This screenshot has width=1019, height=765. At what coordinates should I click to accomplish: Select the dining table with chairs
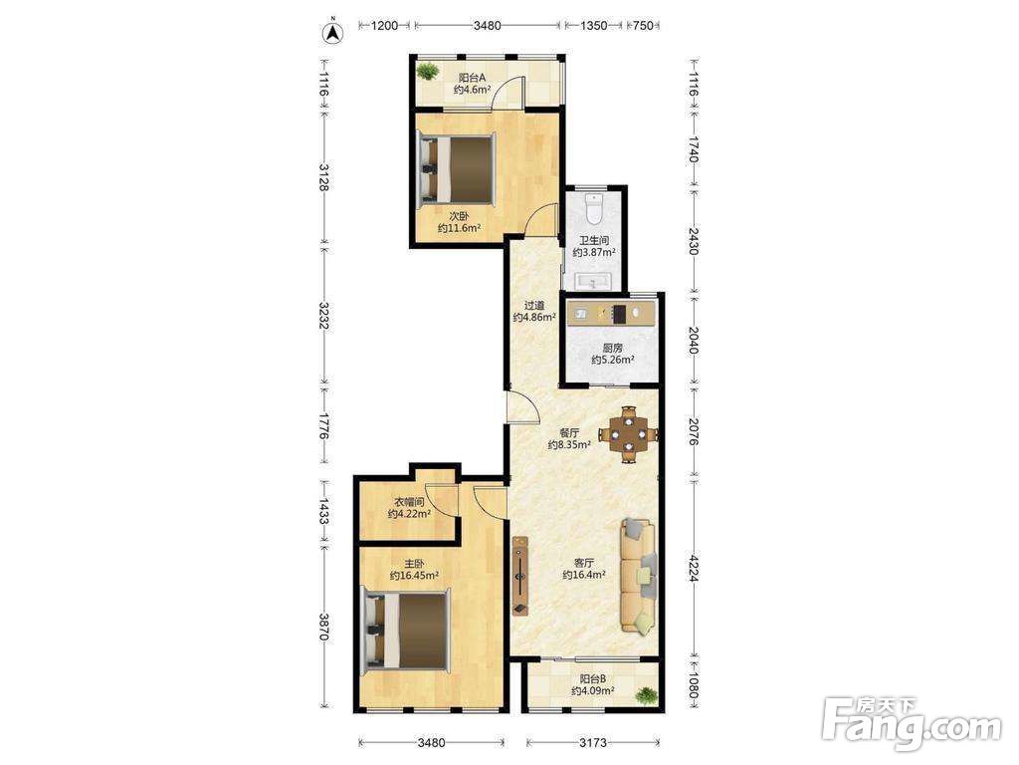(629, 434)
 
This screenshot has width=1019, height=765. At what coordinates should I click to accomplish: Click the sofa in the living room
(640, 575)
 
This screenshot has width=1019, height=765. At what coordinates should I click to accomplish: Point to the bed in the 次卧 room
(457, 169)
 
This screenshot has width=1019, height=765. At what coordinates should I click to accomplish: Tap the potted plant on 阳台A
(428, 71)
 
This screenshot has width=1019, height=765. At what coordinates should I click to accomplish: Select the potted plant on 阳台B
(646, 695)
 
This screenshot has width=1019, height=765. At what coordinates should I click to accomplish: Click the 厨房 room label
(612, 348)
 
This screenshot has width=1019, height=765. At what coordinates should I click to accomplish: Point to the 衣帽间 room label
(409, 502)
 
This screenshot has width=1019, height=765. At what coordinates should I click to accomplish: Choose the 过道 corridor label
(534, 305)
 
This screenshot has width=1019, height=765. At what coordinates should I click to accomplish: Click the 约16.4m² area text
(584, 575)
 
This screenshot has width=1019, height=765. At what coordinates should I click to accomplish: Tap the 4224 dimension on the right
(694, 568)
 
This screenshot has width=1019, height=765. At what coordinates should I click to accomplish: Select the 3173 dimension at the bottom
(593, 742)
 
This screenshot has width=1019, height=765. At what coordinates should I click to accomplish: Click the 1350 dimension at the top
(593, 25)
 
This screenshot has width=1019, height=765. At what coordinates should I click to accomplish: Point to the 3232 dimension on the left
(323, 314)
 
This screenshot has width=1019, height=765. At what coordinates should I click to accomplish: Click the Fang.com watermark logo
(912, 721)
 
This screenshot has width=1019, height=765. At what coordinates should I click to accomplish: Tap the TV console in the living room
(519, 575)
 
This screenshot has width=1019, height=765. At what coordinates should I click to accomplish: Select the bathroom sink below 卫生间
(592, 282)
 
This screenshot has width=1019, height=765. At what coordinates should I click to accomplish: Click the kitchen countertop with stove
(612, 314)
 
